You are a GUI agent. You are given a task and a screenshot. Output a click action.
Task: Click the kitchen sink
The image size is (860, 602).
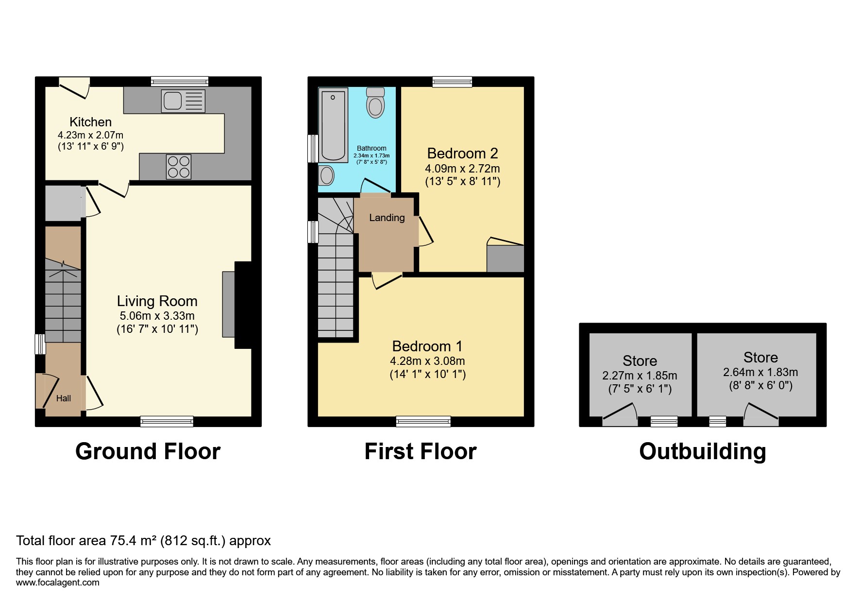(x=183, y=101)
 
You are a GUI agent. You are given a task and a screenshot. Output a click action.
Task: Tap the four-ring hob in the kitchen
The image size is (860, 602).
(x=178, y=166)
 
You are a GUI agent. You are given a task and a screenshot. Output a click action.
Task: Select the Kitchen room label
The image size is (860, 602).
(x=90, y=122)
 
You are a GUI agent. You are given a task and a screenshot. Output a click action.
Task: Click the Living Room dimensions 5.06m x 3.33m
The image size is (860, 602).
(x=157, y=316)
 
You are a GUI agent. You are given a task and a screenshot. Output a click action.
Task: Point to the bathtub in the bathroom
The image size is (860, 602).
(x=333, y=125)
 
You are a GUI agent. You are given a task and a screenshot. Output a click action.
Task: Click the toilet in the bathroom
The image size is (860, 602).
(x=375, y=103)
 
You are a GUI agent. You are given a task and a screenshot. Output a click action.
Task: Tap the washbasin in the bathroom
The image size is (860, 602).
(x=327, y=175)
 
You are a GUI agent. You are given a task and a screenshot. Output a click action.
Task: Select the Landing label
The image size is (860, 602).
(x=387, y=218)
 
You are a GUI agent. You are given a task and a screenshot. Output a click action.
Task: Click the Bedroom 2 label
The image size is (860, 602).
(x=462, y=154)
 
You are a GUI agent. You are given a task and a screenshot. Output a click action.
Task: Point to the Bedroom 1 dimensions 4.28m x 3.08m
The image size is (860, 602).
(x=427, y=361)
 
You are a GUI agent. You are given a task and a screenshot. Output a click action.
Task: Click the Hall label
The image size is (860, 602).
(x=64, y=398)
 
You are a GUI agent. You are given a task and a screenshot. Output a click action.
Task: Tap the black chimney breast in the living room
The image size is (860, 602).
(x=243, y=305)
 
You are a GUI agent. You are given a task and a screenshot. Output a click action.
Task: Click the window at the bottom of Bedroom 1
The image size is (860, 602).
(x=423, y=421)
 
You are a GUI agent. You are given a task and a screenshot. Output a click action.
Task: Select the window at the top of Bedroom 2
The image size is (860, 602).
(x=452, y=82)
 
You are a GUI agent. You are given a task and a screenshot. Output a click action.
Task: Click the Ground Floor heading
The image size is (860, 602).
(x=148, y=451)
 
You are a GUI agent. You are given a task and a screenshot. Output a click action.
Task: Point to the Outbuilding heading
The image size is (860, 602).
(x=702, y=451)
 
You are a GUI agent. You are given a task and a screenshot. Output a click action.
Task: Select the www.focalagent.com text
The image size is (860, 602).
(x=57, y=583)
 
